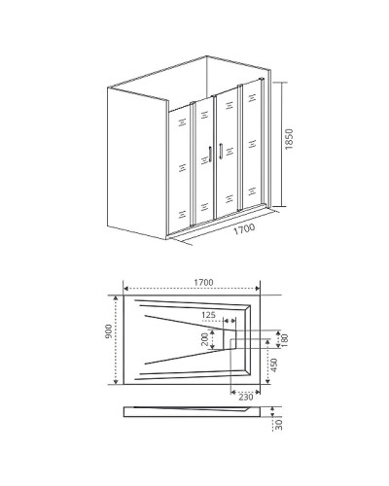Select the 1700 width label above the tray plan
pos(201,282)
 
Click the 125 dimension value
pos(210,316)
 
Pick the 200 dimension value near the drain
pos(205,339)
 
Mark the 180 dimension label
pos(284,339)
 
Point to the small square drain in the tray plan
pos(233,339)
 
